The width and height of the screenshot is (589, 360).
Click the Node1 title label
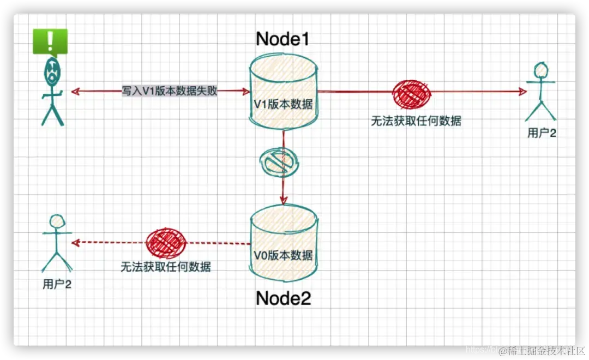click(x=283, y=39)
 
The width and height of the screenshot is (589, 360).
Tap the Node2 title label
click(x=283, y=298)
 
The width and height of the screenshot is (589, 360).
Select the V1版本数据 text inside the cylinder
click(x=283, y=104)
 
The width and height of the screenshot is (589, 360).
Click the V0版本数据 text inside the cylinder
click(x=283, y=255)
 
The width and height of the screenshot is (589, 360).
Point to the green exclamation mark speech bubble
click(x=50, y=41)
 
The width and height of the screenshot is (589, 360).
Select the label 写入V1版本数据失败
click(x=170, y=91)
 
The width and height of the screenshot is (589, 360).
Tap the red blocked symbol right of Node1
click(x=411, y=94)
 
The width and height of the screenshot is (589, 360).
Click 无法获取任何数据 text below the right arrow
click(x=416, y=121)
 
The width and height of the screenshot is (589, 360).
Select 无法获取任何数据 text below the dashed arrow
click(x=166, y=267)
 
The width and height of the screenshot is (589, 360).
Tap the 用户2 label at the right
click(x=542, y=133)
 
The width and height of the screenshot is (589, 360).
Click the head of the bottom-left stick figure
click(x=57, y=221)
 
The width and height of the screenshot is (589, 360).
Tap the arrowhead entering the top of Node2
click(x=283, y=201)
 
